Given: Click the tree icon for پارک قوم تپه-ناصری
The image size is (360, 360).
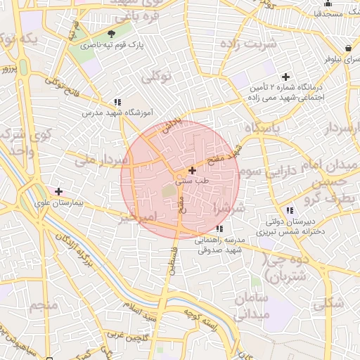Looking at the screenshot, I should (x=112, y=34).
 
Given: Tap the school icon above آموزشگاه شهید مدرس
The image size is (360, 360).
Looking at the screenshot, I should (x=117, y=102).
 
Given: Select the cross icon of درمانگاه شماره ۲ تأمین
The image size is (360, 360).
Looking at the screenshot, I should (x=285, y=77).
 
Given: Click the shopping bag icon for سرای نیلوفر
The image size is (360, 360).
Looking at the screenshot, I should (x=349, y=49).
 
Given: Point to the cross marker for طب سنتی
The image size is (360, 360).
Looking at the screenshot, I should (x=192, y=170).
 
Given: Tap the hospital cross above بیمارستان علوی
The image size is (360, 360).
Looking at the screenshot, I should (x=59, y=191).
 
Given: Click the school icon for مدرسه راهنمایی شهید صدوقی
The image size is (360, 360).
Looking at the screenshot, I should (x=220, y=229).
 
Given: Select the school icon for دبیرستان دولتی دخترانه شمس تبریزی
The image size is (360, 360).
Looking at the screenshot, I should (x=290, y=210).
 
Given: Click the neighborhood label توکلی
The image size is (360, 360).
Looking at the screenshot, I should (x=157, y=77).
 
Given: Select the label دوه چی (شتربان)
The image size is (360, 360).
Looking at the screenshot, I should (x=284, y=266).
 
